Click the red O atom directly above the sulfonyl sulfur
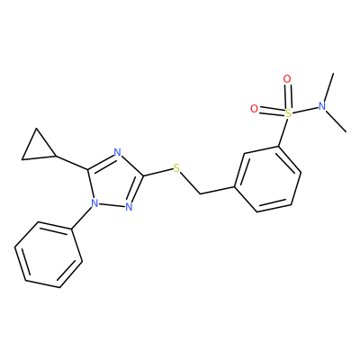(x=287, y=79)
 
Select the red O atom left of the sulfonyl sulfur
(x=254, y=109)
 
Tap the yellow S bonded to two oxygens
(x=288, y=113)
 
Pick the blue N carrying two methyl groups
(x=322, y=106)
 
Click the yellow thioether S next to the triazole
(x=176, y=168)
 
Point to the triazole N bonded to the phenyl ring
(x=94, y=203)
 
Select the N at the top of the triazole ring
(x=118, y=153)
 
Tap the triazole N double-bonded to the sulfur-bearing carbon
(x=129, y=207)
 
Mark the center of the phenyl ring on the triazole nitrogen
(x=49, y=255)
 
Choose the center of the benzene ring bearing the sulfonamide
(x=267, y=179)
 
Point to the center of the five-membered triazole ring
(x=113, y=182)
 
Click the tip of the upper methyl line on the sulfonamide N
(x=333, y=73)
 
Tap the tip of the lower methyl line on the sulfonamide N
(x=346, y=131)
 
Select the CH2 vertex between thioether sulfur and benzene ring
(x=200, y=194)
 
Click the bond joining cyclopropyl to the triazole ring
(x=72, y=163)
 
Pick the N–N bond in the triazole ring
(x=112, y=205)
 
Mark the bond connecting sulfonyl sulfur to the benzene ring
(x=283, y=132)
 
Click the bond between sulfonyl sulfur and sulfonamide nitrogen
(x=305, y=110)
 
